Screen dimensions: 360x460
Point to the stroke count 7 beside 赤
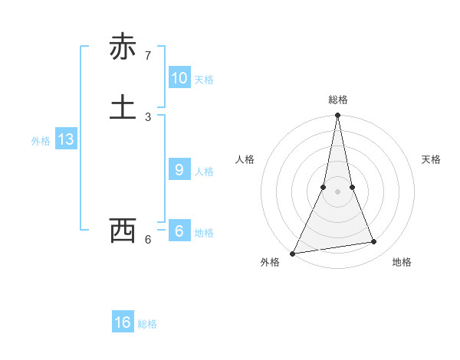point(147,56)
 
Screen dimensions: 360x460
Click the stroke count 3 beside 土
point(147,116)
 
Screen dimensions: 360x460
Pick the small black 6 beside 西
point(147,240)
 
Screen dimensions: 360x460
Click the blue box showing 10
point(179,78)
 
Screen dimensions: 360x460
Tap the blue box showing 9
point(179,170)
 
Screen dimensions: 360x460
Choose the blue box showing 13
point(65,139)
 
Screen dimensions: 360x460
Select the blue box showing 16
point(123,322)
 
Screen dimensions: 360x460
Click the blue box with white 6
point(179,231)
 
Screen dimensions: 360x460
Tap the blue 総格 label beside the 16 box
point(147,324)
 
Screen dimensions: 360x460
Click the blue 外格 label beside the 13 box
point(41,141)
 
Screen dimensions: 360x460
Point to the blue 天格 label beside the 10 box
point(204,80)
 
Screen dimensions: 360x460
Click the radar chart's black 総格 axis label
point(337,100)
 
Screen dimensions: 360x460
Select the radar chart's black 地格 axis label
point(402,262)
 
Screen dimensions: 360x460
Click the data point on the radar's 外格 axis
point(293,253)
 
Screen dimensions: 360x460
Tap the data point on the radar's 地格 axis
point(374,242)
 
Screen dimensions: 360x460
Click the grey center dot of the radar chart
point(337,191)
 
